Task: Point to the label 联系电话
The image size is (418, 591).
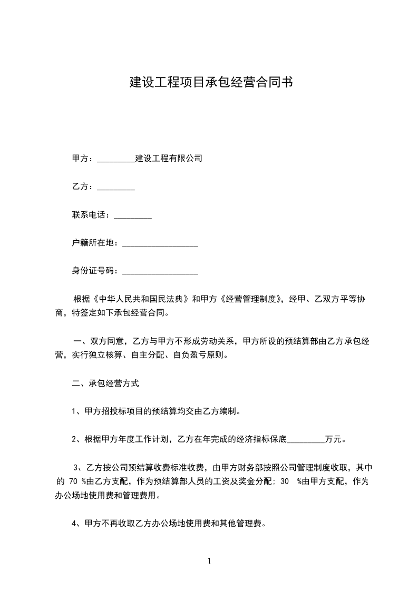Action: (x=90, y=215)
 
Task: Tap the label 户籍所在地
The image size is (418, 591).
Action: (x=94, y=243)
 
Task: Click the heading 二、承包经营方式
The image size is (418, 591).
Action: (x=105, y=383)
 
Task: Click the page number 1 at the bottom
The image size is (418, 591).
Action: (x=209, y=561)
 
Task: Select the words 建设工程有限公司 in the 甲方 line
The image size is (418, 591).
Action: (x=169, y=159)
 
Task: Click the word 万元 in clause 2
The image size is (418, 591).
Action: (x=333, y=439)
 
